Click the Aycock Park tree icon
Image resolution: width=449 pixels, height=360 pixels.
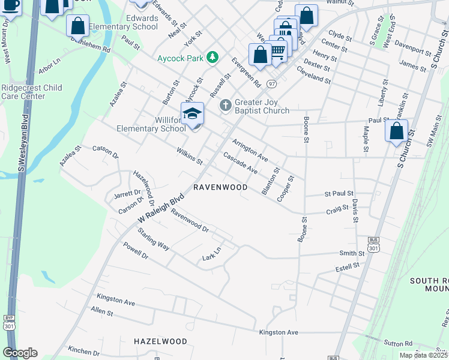point(212,57)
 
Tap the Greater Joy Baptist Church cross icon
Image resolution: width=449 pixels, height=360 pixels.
point(226,106)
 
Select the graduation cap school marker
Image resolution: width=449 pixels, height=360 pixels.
point(192,114)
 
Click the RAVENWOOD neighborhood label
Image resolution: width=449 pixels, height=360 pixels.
point(220,188)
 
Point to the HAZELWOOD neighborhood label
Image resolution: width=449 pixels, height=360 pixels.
point(160,341)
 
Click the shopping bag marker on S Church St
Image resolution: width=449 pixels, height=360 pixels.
point(396,131)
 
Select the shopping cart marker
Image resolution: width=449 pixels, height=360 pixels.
point(277,50)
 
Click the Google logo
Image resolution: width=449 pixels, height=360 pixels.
point(20,353)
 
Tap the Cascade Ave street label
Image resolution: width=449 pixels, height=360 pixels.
point(240,163)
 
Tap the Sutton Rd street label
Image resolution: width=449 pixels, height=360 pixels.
point(399,344)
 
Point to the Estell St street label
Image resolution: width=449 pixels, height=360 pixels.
point(348,265)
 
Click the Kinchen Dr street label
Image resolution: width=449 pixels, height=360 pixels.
point(83,352)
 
